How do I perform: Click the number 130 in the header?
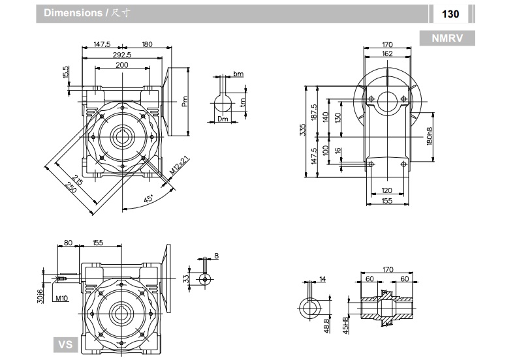point(450,14)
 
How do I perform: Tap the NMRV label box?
point(447,38)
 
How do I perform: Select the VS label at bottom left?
point(65,344)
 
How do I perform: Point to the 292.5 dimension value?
point(121,55)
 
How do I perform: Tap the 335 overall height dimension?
point(302,131)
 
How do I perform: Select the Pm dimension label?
point(185,100)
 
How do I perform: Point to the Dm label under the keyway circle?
point(223,119)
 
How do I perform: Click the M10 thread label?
point(62,298)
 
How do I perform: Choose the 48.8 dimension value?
point(326,323)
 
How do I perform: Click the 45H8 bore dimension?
point(347,323)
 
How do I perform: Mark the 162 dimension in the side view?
point(388,54)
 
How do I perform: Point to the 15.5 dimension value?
point(66,72)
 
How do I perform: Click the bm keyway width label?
point(239,74)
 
